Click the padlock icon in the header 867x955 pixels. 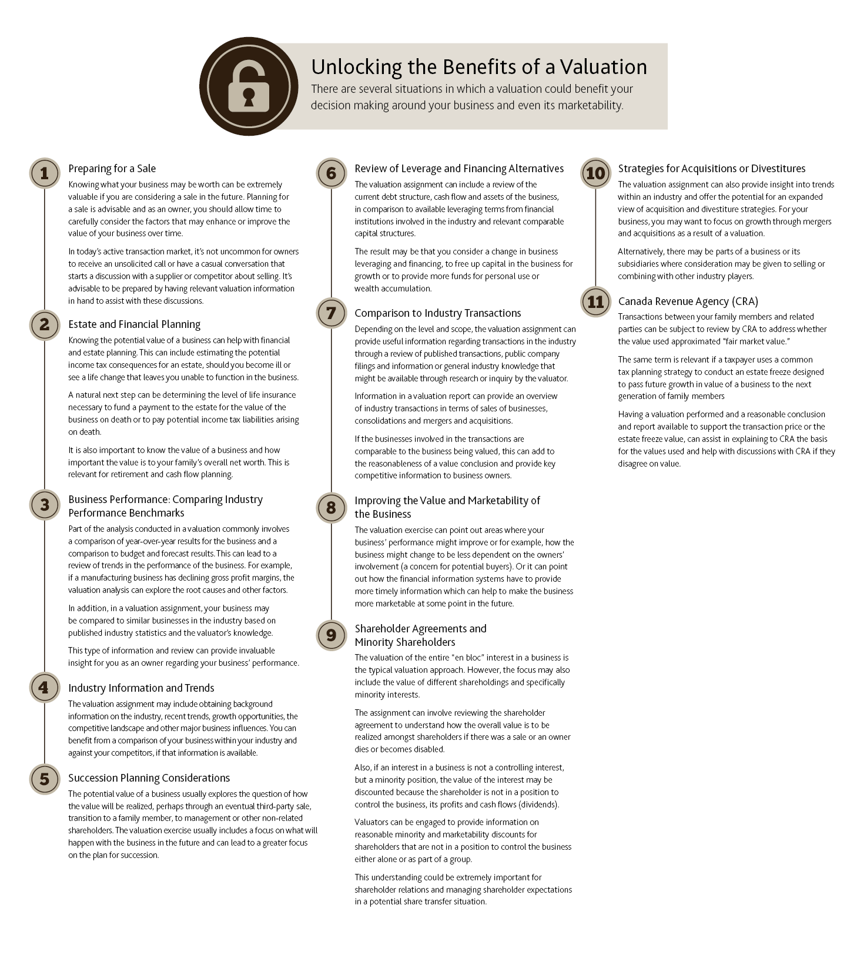(248, 86)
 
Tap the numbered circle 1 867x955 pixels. (44, 173)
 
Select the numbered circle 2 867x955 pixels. (44, 324)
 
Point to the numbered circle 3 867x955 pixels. (44, 505)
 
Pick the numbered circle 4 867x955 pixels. (44, 688)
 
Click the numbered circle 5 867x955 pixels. (44, 779)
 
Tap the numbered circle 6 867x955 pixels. (331, 173)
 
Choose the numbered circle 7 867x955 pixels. (331, 313)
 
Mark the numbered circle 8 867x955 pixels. (331, 507)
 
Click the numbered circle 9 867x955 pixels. (331, 635)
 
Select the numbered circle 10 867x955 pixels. (595, 173)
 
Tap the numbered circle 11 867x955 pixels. (595, 301)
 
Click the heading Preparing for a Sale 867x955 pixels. (112, 169)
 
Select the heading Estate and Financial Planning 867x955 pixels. (134, 324)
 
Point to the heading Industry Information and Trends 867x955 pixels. (141, 688)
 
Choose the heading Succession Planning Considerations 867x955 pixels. (149, 778)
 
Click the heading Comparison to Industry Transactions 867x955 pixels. (437, 313)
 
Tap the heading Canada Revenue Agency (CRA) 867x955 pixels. (688, 301)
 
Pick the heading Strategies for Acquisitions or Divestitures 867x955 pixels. (711, 169)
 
